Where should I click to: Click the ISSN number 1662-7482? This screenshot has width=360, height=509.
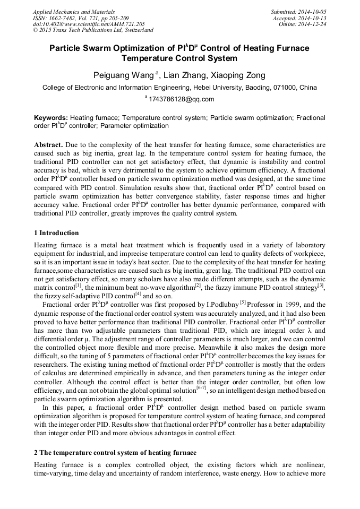click(66, 18)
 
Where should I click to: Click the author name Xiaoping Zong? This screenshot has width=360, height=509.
click(232, 75)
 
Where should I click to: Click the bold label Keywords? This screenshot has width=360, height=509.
click(51, 117)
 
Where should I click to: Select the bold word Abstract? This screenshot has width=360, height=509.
click(49, 145)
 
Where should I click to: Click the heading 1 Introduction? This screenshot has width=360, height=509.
click(56, 233)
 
